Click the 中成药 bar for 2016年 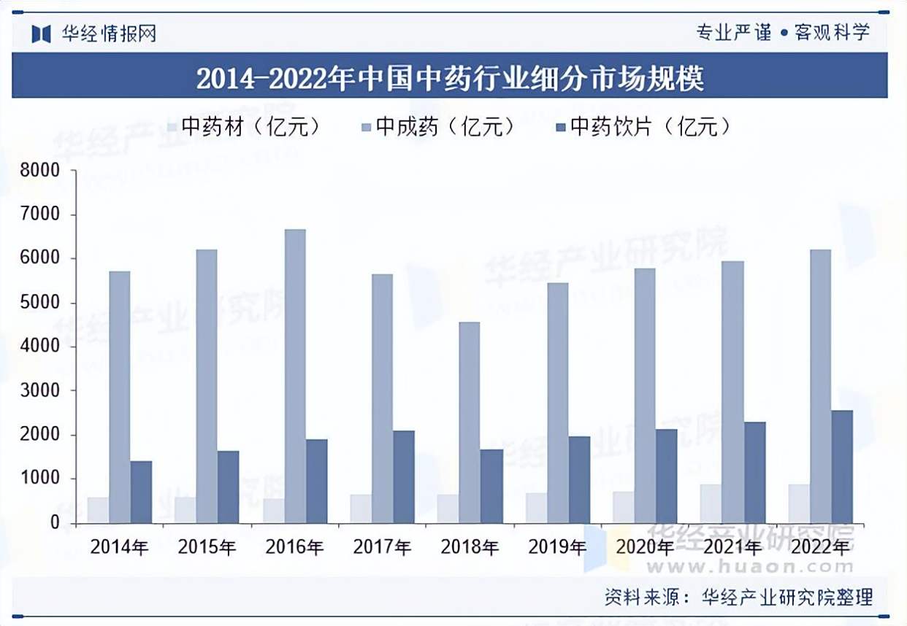click(295, 376)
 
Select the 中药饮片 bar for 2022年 click(842, 466)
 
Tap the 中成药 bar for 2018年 click(470, 422)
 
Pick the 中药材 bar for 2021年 click(711, 503)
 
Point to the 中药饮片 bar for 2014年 click(141, 492)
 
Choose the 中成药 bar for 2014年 click(120, 397)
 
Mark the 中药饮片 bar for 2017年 click(404, 476)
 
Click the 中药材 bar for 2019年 click(535, 508)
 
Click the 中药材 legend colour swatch click(172, 128)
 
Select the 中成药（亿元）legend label click(445, 128)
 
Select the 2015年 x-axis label click(207, 546)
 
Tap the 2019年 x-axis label click(557, 546)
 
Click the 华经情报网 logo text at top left click(109, 34)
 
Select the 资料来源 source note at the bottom click(738, 598)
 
